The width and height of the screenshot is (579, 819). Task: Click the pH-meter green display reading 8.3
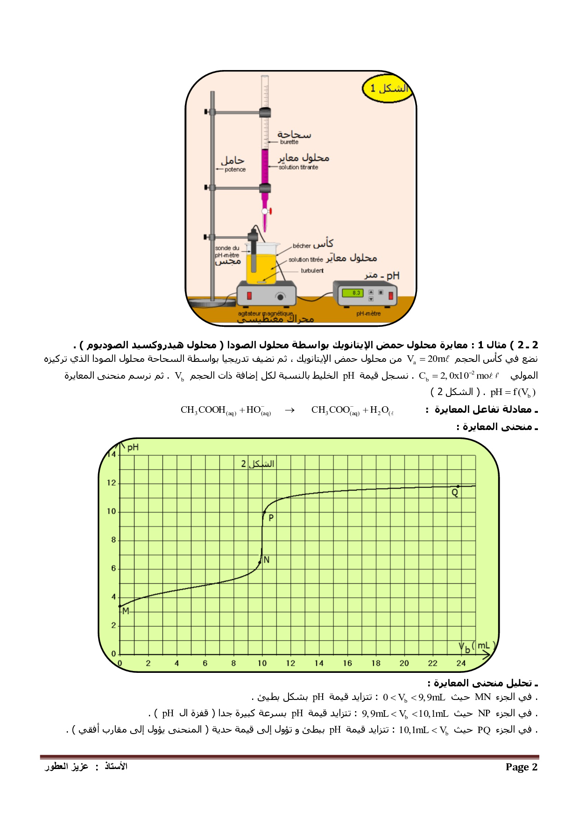pos(353,293)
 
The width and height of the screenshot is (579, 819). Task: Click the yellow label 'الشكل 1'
pos(388,88)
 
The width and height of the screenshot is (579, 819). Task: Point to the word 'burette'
pos(289,142)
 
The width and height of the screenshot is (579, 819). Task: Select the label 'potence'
pos(235,169)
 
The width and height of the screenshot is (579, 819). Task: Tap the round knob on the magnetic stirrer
pos(280,297)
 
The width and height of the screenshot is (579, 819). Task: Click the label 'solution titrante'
pos(298,167)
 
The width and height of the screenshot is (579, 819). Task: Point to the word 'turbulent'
pos(312,271)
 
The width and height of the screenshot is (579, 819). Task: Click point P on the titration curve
pos(264,513)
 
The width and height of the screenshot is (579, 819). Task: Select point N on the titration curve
pos(260,562)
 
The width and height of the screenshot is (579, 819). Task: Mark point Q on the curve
pos(458,487)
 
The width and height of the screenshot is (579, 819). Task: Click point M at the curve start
pos(120,606)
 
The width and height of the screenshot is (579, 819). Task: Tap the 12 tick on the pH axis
pos(111,483)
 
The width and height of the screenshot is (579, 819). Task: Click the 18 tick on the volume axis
pos(376,663)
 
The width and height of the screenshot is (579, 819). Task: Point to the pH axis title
pos(133,447)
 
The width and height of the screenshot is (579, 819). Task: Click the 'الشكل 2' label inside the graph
pos(257,464)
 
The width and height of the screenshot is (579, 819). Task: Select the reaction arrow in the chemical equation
pos(289,410)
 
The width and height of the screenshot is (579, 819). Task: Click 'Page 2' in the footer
pos(521,767)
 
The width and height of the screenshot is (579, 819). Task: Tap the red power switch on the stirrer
pos(249,296)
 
